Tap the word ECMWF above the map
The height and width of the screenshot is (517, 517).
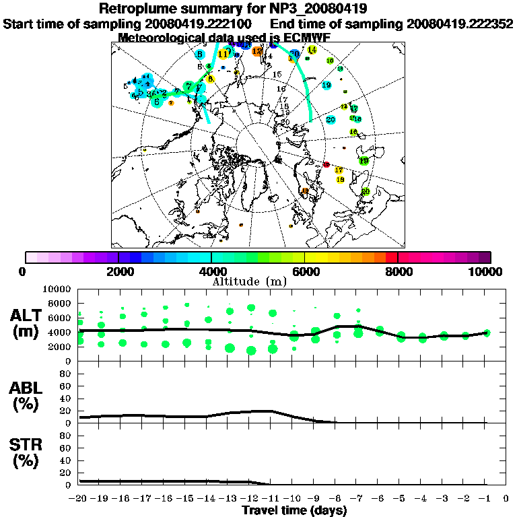(x=306, y=38)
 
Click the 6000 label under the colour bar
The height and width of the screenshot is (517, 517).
(x=305, y=272)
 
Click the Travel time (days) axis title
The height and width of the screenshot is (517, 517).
(x=294, y=510)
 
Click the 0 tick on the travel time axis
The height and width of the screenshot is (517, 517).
(x=506, y=499)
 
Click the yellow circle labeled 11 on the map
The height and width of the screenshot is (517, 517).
(x=223, y=54)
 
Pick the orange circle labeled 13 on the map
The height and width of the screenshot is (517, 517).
(x=257, y=50)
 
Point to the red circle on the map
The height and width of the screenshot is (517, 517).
(x=326, y=165)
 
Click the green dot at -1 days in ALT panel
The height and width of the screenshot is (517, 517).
(x=487, y=333)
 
